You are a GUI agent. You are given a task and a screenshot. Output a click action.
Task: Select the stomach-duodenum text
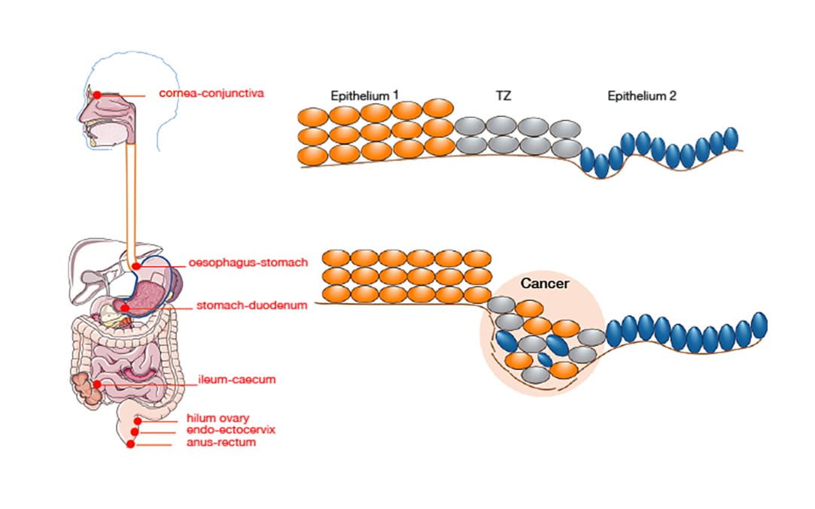coord(241,306)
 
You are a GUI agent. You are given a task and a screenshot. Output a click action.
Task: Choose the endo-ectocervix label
coord(230,430)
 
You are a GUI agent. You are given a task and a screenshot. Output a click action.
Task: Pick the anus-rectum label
coord(221,443)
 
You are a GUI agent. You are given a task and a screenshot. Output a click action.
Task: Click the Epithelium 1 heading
coord(365,96)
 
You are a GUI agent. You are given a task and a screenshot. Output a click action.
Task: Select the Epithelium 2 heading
coord(642,96)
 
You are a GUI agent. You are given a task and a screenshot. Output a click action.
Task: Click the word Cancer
coord(545,284)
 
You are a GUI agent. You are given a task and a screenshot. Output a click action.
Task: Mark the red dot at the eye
coord(96,95)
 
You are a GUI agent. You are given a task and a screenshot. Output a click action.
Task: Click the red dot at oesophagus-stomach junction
coord(135,266)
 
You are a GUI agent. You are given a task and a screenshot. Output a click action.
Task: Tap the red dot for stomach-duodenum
coord(124,308)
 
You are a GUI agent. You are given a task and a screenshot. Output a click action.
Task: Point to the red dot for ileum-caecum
coord(97,384)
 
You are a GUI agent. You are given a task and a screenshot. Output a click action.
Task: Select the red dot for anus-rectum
coord(131,444)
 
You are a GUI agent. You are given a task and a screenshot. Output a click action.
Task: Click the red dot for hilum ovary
coord(137,422)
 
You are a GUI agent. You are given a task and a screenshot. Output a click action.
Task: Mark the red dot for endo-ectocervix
coord(135,432)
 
